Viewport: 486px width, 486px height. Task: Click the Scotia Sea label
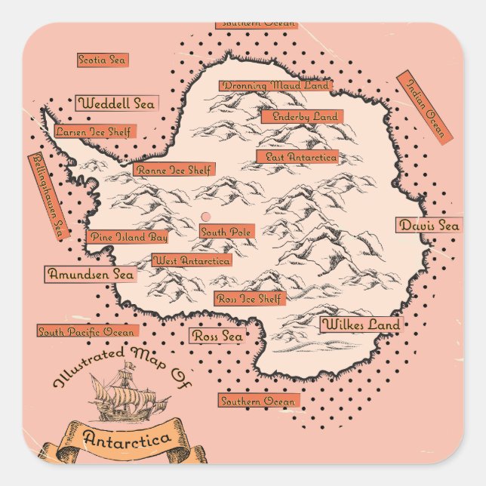(x=103, y=60)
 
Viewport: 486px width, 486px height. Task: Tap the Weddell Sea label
(x=116, y=103)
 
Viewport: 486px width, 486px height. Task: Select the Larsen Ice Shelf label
(x=93, y=132)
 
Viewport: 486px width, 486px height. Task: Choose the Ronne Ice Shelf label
(x=174, y=170)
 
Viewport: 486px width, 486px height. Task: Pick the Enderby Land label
(x=302, y=117)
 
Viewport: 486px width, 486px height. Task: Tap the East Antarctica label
(x=297, y=157)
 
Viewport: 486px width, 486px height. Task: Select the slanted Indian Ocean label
(x=424, y=106)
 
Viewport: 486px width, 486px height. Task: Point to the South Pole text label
(x=226, y=232)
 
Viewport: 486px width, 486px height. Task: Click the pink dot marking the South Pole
(x=206, y=217)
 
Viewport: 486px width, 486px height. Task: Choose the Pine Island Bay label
(x=127, y=237)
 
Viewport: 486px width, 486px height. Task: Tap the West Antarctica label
(x=192, y=260)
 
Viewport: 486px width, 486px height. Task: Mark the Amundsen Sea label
(x=91, y=275)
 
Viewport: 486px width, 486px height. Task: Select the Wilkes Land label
(x=361, y=325)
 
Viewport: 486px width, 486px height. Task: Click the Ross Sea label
(x=217, y=337)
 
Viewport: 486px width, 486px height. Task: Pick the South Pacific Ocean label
(x=88, y=331)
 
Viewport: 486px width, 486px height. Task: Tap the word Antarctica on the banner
(x=127, y=438)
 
